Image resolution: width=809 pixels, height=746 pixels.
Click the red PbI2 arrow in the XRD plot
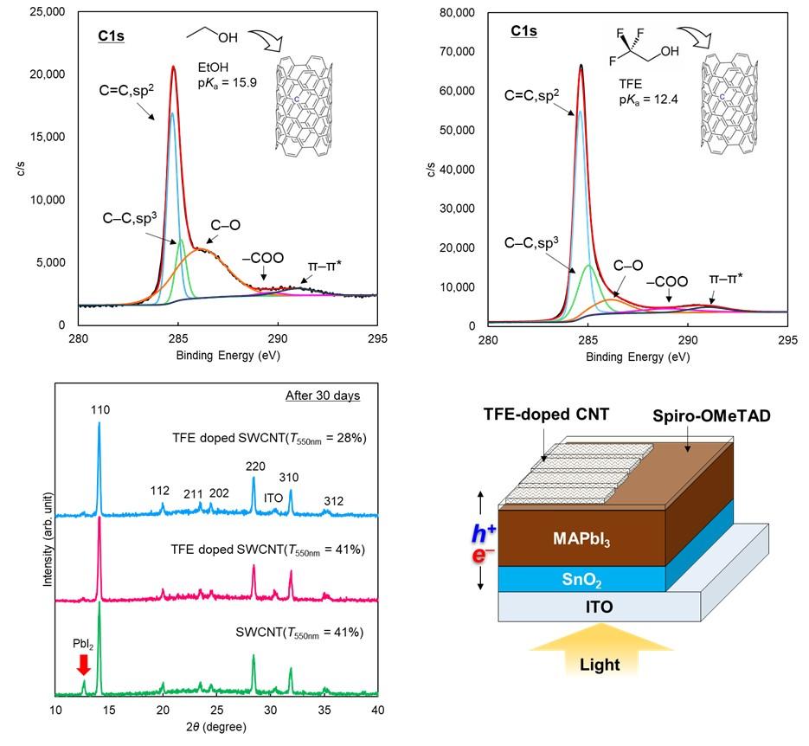coord(83,663)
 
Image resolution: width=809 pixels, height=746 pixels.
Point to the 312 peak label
coord(333,501)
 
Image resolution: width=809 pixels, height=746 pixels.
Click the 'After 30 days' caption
coord(322,396)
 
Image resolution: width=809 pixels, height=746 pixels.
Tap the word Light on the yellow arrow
coord(599,665)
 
